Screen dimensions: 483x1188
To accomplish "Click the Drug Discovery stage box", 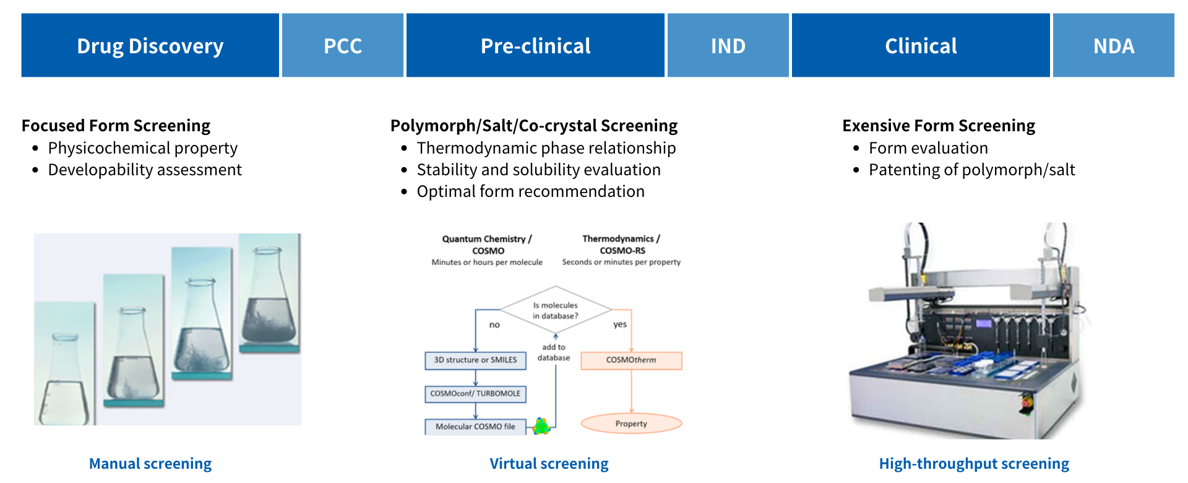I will click(x=150, y=46).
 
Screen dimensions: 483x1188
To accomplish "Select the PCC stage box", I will click(x=343, y=46).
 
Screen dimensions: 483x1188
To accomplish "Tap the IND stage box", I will click(x=728, y=46).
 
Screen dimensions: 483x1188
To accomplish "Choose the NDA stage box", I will click(x=1113, y=46).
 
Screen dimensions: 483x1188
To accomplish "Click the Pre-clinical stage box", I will click(x=535, y=46).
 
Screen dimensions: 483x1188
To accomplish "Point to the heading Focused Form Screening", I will click(x=116, y=126).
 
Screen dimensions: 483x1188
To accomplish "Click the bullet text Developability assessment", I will click(x=145, y=170).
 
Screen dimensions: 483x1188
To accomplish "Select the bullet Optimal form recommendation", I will click(x=530, y=191).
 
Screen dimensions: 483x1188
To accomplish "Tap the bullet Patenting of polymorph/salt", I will click(x=971, y=170).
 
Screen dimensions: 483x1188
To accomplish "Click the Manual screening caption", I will click(x=150, y=463).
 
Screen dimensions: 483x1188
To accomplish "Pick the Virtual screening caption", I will click(x=549, y=463).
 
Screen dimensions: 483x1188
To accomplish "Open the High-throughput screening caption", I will click(x=974, y=463).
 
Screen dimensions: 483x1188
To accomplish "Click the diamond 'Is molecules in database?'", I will click(x=555, y=310).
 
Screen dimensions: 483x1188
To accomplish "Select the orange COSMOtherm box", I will click(x=631, y=360).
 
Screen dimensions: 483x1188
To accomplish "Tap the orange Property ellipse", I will click(x=631, y=424).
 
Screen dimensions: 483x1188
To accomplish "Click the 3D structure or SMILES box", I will click(x=475, y=360).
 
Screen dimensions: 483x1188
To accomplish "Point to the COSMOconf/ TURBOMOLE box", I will click(x=475, y=394).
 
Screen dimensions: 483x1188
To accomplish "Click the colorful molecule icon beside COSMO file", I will click(x=541, y=426).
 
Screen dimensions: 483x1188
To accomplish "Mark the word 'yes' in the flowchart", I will click(x=619, y=324).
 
